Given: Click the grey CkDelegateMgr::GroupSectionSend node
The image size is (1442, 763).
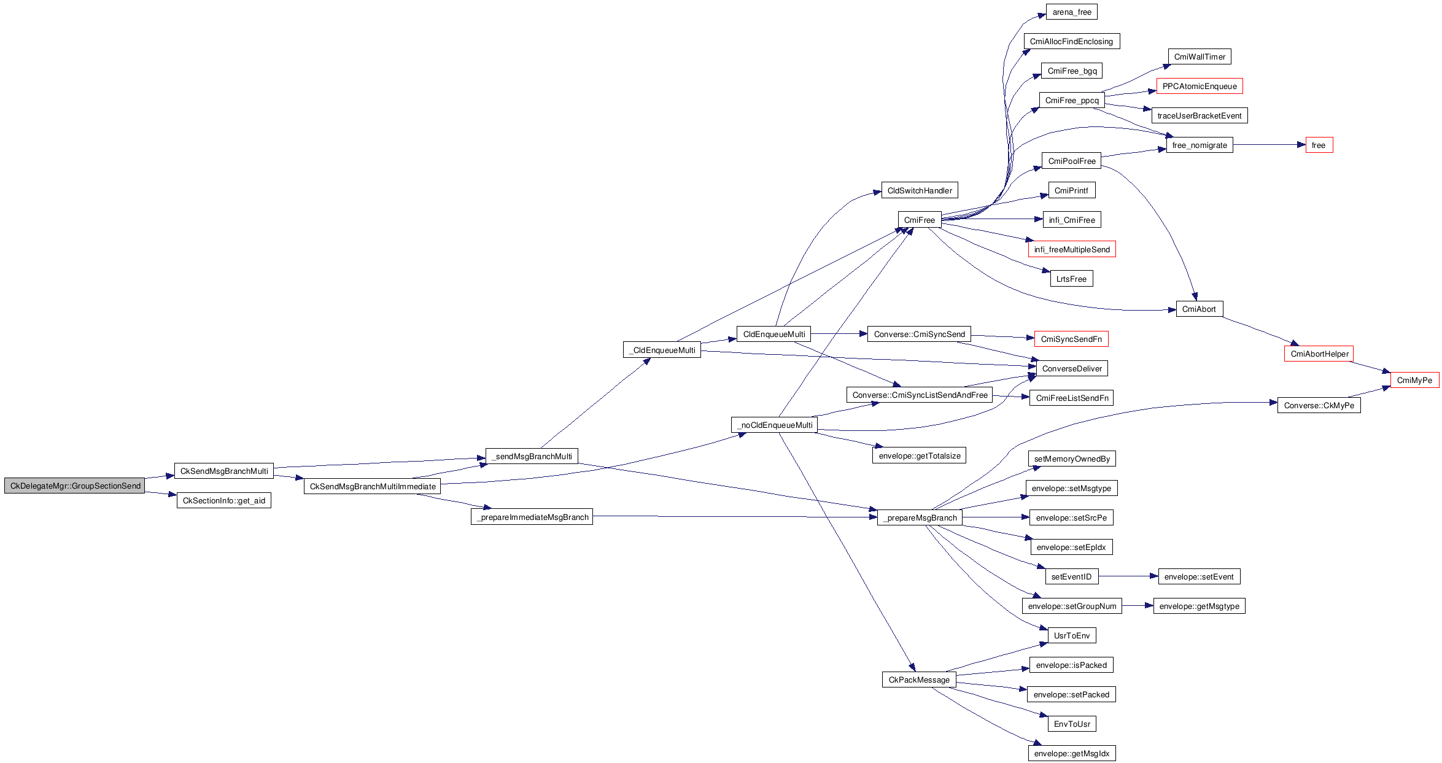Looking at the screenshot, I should click(x=74, y=486).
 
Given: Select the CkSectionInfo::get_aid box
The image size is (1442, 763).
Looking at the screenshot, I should click(x=223, y=500).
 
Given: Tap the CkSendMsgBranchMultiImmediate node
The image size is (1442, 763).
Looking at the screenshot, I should click(x=372, y=486).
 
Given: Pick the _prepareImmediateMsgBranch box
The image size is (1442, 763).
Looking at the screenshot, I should click(x=532, y=517).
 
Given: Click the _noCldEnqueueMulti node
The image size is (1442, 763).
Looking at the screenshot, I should click(x=774, y=425).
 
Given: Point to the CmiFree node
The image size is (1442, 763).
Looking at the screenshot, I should click(x=919, y=220).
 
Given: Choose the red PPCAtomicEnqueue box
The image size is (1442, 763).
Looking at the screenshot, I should click(x=1199, y=86).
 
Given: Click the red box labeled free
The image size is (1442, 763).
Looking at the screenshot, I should click(x=1319, y=145).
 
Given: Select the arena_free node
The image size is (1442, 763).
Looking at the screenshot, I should click(x=1071, y=12).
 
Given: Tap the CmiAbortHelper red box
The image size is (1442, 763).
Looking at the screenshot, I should click(x=1319, y=354).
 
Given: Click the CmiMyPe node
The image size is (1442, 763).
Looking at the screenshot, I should click(x=1414, y=380).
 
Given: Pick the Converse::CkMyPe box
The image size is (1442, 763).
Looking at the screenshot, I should click(x=1319, y=405).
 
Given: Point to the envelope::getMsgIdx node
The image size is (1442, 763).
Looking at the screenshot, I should click(x=1071, y=753).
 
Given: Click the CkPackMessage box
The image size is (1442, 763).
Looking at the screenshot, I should click(x=919, y=680).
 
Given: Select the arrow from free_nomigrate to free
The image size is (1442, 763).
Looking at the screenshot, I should click(x=1269, y=145).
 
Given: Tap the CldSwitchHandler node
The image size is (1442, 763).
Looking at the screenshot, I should click(x=919, y=190).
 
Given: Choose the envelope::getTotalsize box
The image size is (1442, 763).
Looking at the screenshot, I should click(x=919, y=455).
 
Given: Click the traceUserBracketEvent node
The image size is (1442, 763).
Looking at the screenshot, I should click(x=1199, y=115).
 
